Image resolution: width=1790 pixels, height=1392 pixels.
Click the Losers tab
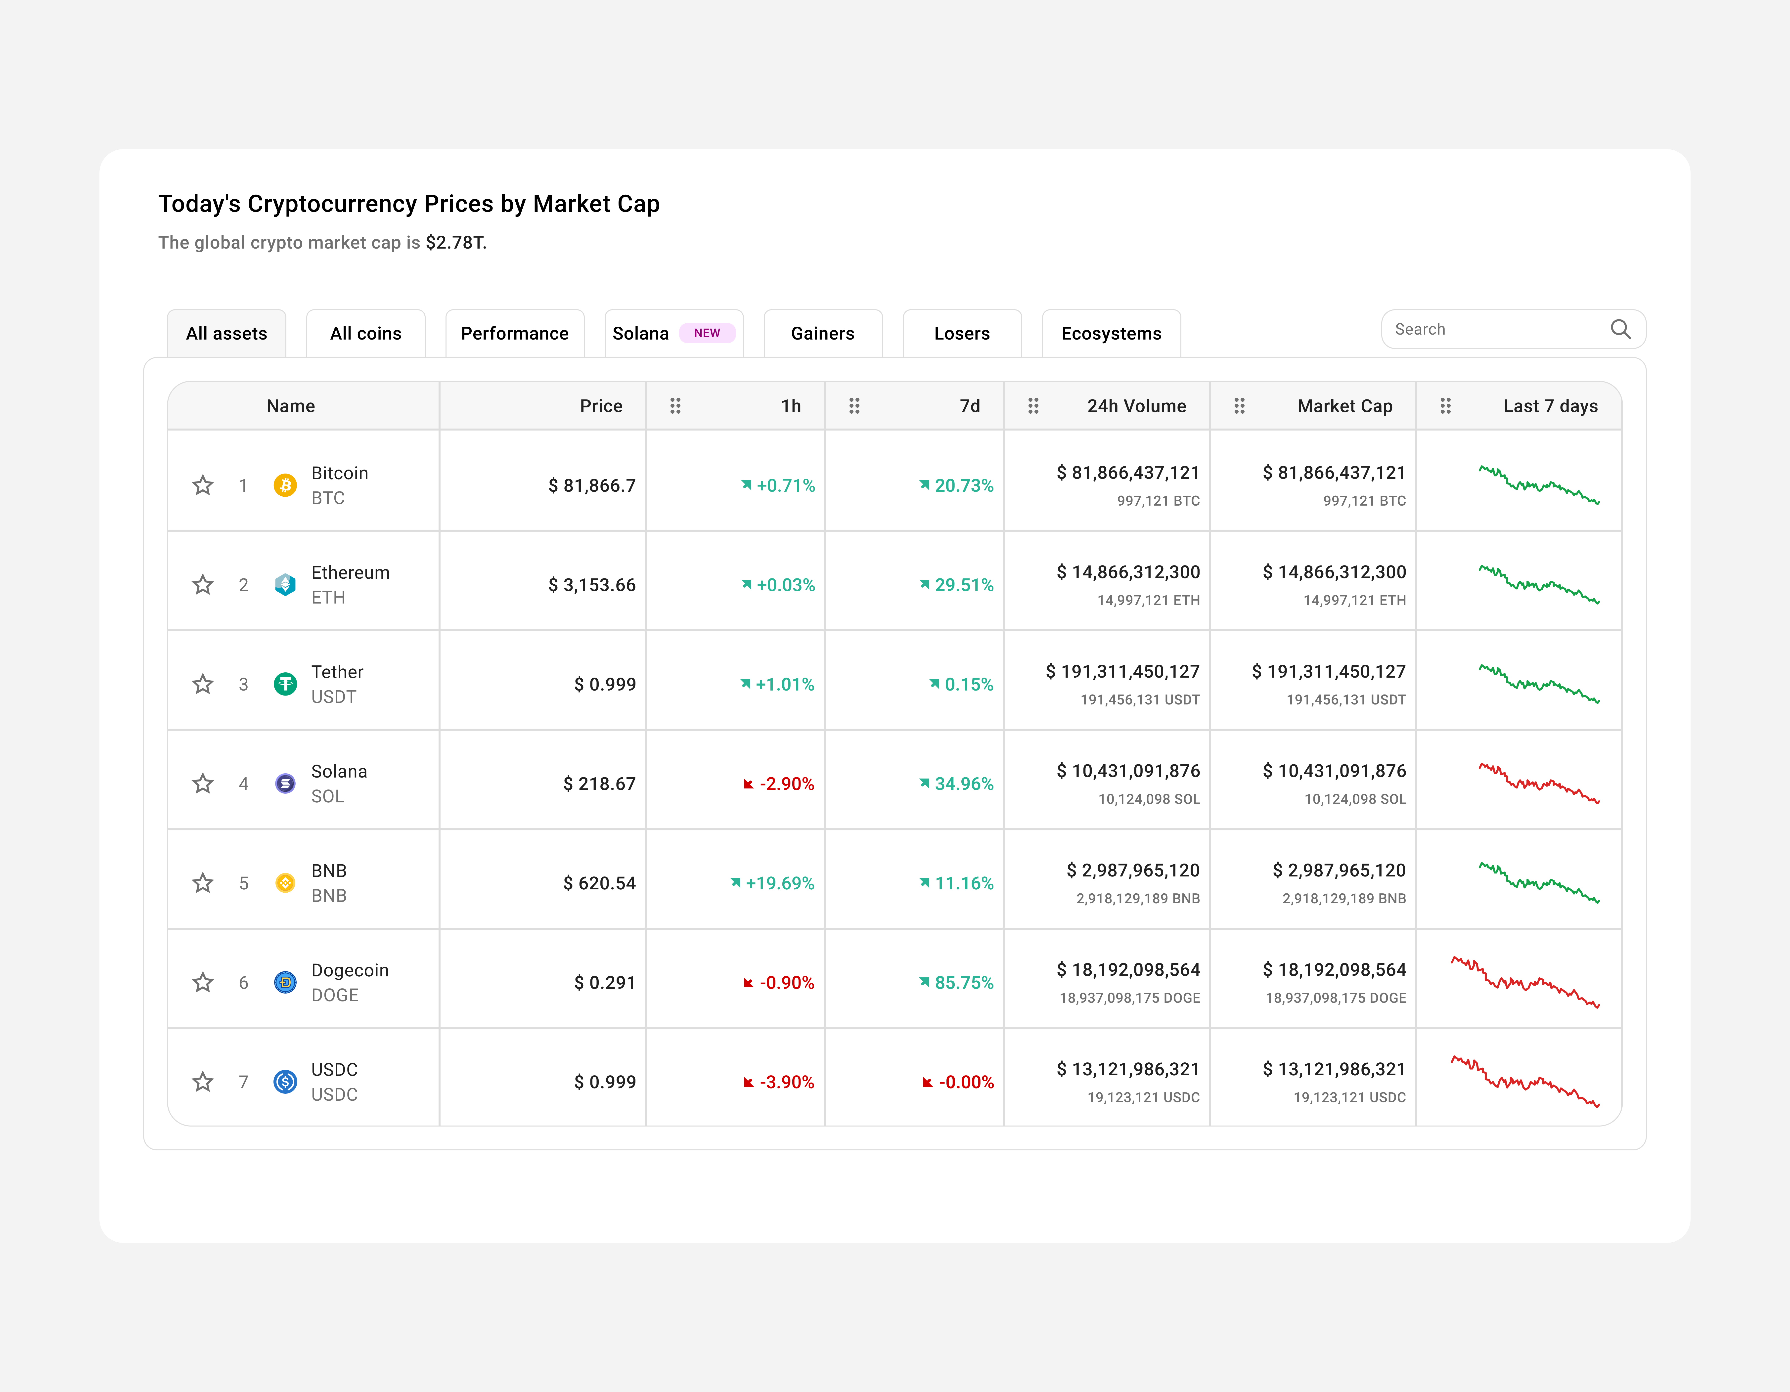961,333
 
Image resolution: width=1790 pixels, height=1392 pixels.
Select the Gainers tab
822,333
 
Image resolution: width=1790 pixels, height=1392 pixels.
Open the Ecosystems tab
1111,333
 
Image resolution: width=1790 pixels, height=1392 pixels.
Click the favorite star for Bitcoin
202,486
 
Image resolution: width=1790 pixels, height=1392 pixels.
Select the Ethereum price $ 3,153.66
592,585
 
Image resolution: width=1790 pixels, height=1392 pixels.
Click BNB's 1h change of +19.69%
779,883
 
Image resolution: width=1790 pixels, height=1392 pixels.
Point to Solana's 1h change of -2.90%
785,784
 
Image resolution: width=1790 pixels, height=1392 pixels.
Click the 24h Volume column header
1136,406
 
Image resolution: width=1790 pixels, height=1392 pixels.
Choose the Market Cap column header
1344,406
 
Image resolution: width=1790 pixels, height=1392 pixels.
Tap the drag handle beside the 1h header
675,406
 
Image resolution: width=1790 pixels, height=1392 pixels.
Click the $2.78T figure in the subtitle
455,243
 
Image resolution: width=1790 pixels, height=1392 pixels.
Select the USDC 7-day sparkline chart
1524,1082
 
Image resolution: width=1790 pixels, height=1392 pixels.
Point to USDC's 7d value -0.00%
965,1082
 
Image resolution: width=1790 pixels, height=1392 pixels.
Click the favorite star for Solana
202,784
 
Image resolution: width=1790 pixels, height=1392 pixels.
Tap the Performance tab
514,333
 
